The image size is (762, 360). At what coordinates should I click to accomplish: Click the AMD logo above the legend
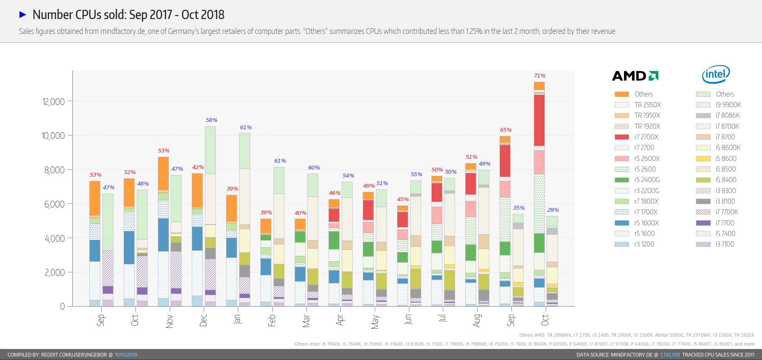[x=635, y=76]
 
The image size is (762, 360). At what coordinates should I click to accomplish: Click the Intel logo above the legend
[x=716, y=75]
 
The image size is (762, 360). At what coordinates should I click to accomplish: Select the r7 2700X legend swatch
[x=621, y=137]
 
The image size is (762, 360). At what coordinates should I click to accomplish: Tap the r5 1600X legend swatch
[x=621, y=223]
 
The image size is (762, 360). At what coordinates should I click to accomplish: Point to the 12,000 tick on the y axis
[x=53, y=102]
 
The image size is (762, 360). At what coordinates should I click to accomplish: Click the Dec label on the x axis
[x=203, y=320]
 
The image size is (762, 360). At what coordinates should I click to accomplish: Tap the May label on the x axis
[x=375, y=321]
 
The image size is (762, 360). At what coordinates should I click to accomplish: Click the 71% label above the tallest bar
[x=539, y=76]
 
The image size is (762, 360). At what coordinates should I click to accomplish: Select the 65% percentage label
[x=505, y=130]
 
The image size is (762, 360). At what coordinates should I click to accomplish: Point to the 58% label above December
[x=211, y=120]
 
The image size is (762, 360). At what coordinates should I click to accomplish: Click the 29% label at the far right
[x=553, y=210]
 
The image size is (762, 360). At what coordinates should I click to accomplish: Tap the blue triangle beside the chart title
[x=23, y=15]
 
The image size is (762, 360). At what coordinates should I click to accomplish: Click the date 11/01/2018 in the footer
[x=126, y=355]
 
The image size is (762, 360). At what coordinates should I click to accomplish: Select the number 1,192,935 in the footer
[x=670, y=355]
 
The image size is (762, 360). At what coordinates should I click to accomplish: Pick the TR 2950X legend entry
[x=647, y=105]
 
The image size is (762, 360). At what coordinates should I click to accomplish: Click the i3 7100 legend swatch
[x=703, y=244]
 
